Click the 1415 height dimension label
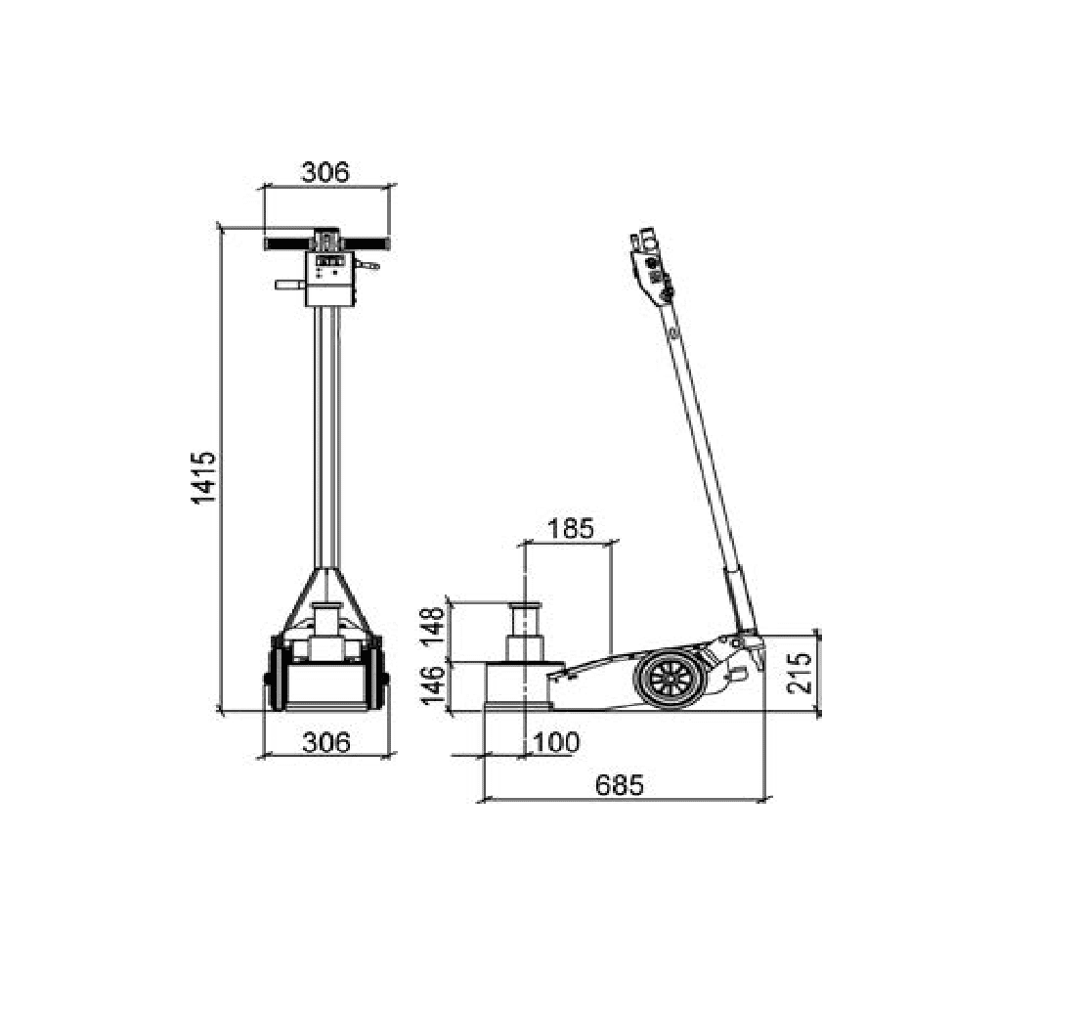203,477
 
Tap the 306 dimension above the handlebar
326,171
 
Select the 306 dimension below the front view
326,742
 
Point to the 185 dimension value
571,529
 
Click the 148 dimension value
434,626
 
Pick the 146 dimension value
434,685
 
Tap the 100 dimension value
557,742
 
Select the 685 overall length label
620,785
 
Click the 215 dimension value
800,673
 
